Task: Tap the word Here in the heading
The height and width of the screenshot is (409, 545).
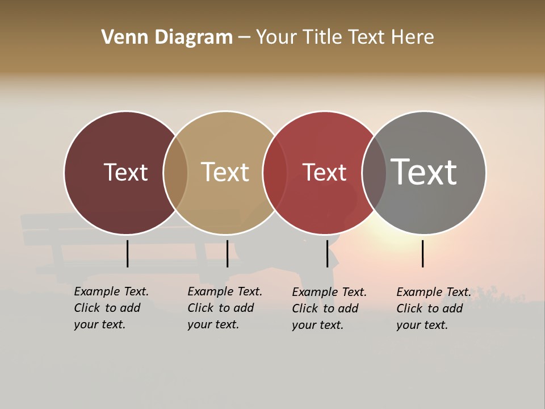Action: point(413,37)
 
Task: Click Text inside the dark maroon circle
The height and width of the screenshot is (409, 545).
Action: point(125,172)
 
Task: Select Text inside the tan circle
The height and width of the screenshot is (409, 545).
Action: point(225,172)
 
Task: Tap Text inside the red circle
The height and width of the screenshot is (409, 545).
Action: point(324,172)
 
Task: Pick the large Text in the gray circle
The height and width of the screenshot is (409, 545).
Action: point(424,172)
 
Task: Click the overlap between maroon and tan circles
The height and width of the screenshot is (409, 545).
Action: point(175,173)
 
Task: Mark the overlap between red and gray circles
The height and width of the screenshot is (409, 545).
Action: point(374,173)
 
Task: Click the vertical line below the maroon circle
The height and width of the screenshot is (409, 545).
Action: point(127,253)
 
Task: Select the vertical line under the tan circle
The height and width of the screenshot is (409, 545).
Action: point(227,253)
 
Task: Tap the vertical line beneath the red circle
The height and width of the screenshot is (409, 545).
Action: point(327,253)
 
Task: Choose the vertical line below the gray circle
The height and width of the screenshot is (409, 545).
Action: point(422,253)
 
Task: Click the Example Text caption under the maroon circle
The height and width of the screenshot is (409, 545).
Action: point(111,308)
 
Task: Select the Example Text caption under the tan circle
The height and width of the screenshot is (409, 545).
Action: point(224,308)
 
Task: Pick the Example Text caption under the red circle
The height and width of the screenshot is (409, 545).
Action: point(329,308)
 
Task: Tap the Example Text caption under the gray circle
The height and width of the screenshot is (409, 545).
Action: point(433,308)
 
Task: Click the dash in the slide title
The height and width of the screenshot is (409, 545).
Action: point(244,38)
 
